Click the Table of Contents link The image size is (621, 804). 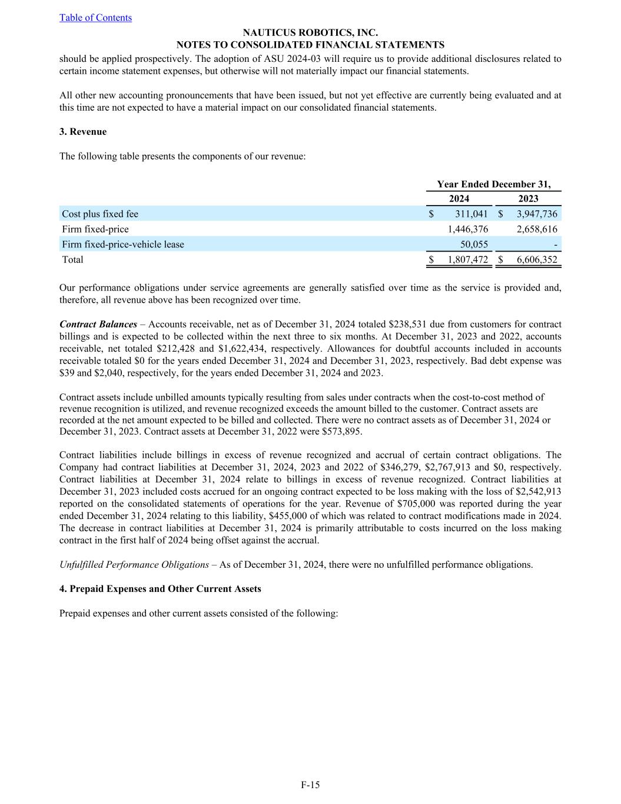95,18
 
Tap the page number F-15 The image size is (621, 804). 310,785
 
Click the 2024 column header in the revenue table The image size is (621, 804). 459,198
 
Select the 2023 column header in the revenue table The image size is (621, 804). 528,198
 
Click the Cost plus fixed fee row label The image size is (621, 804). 100,214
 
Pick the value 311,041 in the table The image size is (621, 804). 471,214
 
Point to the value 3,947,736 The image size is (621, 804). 537,214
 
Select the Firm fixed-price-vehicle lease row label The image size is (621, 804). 123,244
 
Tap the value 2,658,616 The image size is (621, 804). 537,229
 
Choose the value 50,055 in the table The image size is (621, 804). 474,244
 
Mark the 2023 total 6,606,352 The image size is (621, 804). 537,260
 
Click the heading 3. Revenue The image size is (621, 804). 83,132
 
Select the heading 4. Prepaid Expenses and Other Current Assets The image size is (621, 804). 160,589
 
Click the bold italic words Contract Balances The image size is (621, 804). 98,325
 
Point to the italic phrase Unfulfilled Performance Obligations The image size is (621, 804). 134,565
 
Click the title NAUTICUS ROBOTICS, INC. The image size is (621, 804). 310,33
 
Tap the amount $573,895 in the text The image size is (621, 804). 341,431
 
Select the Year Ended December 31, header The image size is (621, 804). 494,184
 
